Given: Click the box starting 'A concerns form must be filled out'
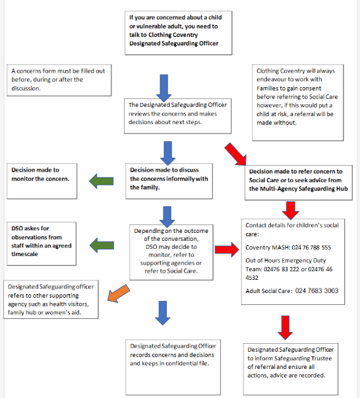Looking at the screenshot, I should point(49,81).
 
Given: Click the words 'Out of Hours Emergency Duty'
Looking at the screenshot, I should point(287,261).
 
